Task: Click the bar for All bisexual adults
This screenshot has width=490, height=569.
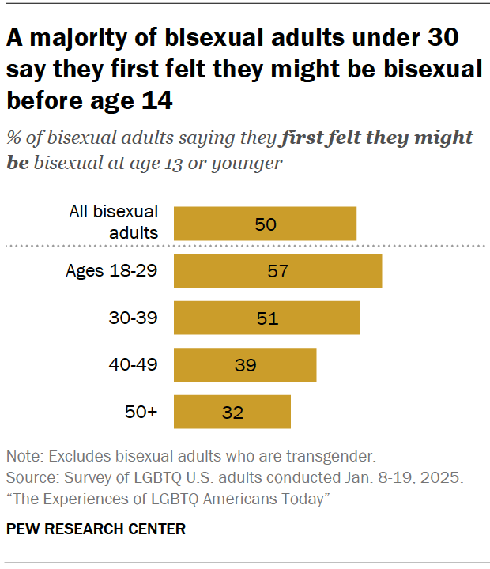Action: [x=265, y=224]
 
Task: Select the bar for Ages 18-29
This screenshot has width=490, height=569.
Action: [x=277, y=271]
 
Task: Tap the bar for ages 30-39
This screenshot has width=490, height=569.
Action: [x=266, y=318]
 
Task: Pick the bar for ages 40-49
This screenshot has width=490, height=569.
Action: [x=245, y=365]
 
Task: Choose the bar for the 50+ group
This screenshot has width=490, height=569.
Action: [x=232, y=412]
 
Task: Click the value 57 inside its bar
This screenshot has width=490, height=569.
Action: [x=277, y=271]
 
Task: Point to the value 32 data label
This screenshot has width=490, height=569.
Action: [x=232, y=413]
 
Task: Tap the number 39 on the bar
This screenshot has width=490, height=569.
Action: [x=245, y=365]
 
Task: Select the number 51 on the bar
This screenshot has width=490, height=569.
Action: [x=266, y=318]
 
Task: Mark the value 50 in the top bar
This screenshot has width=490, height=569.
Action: [x=266, y=224]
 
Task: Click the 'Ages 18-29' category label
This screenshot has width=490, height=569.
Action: [x=111, y=271]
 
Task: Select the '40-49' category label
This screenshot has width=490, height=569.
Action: [x=134, y=364]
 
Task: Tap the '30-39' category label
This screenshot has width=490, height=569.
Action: [x=134, y=318]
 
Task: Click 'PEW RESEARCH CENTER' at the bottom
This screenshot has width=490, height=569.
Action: [x=96, y=529]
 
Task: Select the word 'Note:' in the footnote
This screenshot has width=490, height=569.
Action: [x=24, y=457]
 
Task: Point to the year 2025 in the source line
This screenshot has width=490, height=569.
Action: [x=443, y=478]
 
